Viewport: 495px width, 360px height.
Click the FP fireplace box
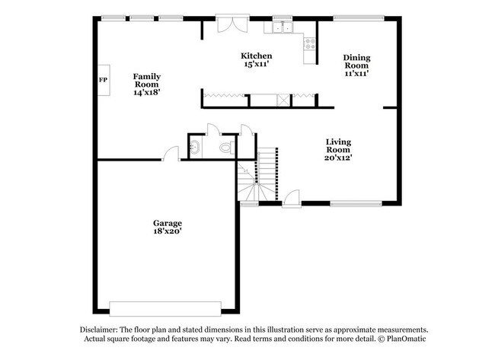click(x=103, y=80)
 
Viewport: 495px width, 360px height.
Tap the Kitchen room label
click(x=257, y=56)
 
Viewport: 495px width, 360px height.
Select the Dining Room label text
click(x=356, y=62)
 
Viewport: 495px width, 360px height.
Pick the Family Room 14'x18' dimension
click(x=146, y=92)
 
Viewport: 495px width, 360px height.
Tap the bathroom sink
click(x=194, y=147)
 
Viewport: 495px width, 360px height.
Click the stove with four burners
click(x=310, y=42)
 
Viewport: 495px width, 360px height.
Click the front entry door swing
click(x=291, y=200)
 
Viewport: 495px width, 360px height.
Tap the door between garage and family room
click(x=171, y=154)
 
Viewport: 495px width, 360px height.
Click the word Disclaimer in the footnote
click(x=104, y=330)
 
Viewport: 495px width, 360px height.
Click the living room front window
click(x=355, y=203)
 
